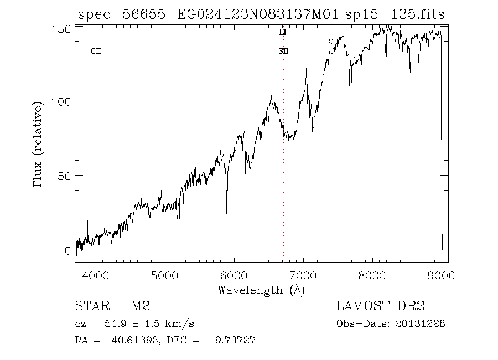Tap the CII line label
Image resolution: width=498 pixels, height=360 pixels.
pos(96,52)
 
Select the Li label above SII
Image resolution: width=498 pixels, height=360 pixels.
pos(283,33)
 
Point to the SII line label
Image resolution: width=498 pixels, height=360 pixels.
pos(283,52)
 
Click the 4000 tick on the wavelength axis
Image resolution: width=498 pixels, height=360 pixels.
pos(96,275)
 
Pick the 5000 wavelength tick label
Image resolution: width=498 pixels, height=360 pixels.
pos(165,275)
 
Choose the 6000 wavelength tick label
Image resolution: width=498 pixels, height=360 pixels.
pos(234,275)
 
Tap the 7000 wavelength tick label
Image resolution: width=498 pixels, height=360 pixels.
pos(303,275)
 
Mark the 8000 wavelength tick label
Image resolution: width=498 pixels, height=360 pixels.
pos(372,275)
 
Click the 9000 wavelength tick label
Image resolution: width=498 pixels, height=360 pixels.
pos(442,275)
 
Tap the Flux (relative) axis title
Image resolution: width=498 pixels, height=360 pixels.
pos(38,143)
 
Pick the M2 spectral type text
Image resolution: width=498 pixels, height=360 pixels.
pos(141,306)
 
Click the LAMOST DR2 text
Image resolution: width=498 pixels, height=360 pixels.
pos(380,306)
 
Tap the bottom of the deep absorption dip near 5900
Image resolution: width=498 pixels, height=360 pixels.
pos(227,213)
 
